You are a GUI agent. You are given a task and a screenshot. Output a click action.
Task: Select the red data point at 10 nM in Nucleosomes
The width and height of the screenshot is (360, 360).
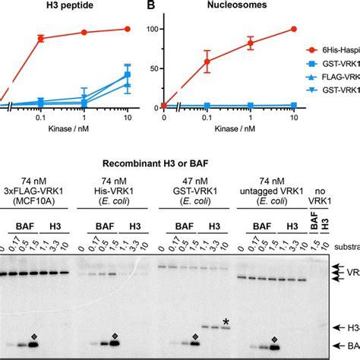(293, 29)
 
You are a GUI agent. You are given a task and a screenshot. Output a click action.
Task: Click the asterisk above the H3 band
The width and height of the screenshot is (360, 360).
(226, 322)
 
